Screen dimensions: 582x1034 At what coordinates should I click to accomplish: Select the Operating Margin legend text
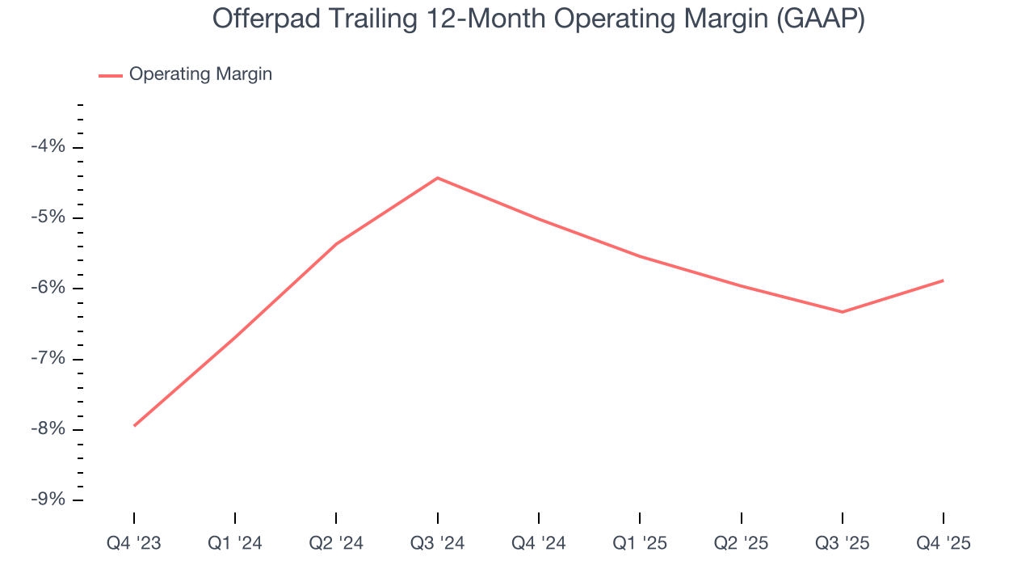(x=200, y=74)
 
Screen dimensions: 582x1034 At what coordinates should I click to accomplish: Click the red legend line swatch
(x=110, y=75)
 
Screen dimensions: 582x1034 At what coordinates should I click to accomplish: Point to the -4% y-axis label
(x=48, y=147)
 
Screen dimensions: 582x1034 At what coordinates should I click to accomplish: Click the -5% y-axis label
(x=48, y=217)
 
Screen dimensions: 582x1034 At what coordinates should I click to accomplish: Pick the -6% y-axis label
(x=48, y=289)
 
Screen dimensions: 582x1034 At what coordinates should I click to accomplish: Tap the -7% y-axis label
(x=48, y=359)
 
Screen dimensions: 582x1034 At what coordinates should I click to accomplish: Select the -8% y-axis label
(x=48, y=429)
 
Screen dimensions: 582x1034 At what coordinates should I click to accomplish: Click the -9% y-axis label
(x=48, y=500)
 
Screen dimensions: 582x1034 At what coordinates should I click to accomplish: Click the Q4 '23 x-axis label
(x=134, y=543)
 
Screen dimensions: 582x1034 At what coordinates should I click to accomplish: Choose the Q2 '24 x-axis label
(x=336, y=543)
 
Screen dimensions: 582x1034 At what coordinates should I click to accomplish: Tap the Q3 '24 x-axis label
(x=437, y=543)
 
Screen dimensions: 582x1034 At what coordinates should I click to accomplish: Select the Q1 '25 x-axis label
(x=640, y=543)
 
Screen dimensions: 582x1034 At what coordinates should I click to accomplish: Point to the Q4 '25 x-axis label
(x=944, y=543)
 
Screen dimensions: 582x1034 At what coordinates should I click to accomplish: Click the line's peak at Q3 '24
(x=437, y=178)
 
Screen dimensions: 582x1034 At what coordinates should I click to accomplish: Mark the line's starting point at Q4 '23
(x=134, y=425)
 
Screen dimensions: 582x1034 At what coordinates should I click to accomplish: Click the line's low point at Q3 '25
(x=843, y=312)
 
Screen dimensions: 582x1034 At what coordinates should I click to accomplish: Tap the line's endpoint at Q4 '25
(x=944, y=280)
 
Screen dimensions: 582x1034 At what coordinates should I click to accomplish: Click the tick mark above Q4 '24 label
(x=539, y=518)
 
